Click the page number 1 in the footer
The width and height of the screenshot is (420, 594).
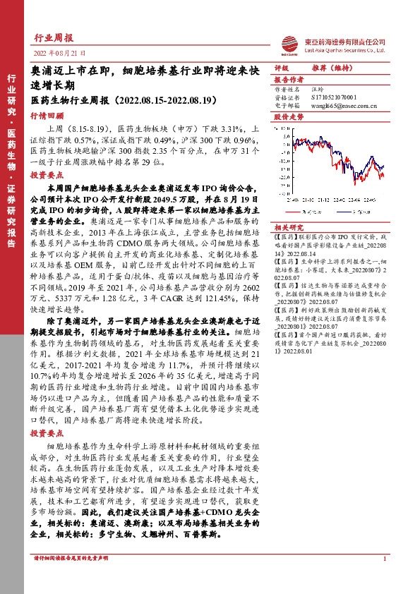pos(384,559)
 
